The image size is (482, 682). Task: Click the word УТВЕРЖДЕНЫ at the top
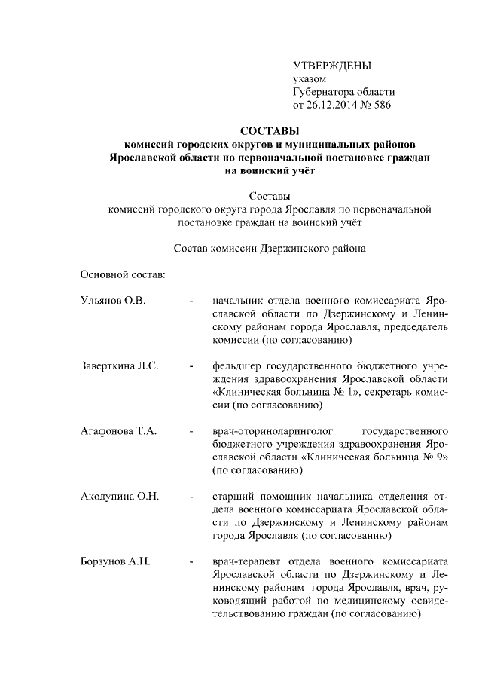[x=332, y=66]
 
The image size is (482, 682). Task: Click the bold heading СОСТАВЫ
[x=269, y=130]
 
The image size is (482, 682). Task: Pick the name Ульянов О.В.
[x=112, y=301]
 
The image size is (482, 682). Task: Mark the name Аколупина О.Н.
[x=118, y=497]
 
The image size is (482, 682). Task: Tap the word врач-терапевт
[x=246, y=561]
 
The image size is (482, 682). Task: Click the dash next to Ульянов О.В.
[x=193, y=301]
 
